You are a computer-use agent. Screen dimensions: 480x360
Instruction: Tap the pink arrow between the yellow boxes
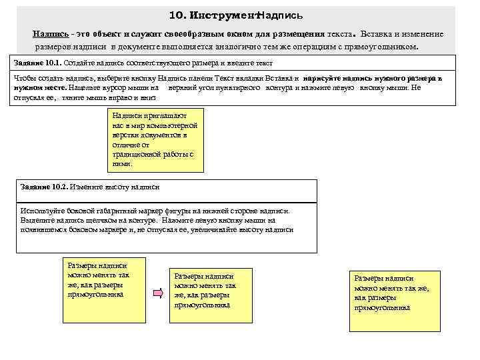pos(158,293)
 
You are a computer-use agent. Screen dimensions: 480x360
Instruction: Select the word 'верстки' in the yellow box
pos(124,135)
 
